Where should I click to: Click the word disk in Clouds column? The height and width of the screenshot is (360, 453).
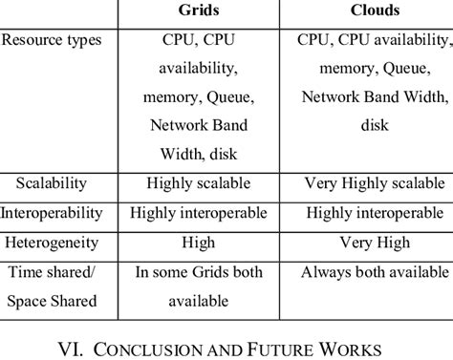tap(373, 125)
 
